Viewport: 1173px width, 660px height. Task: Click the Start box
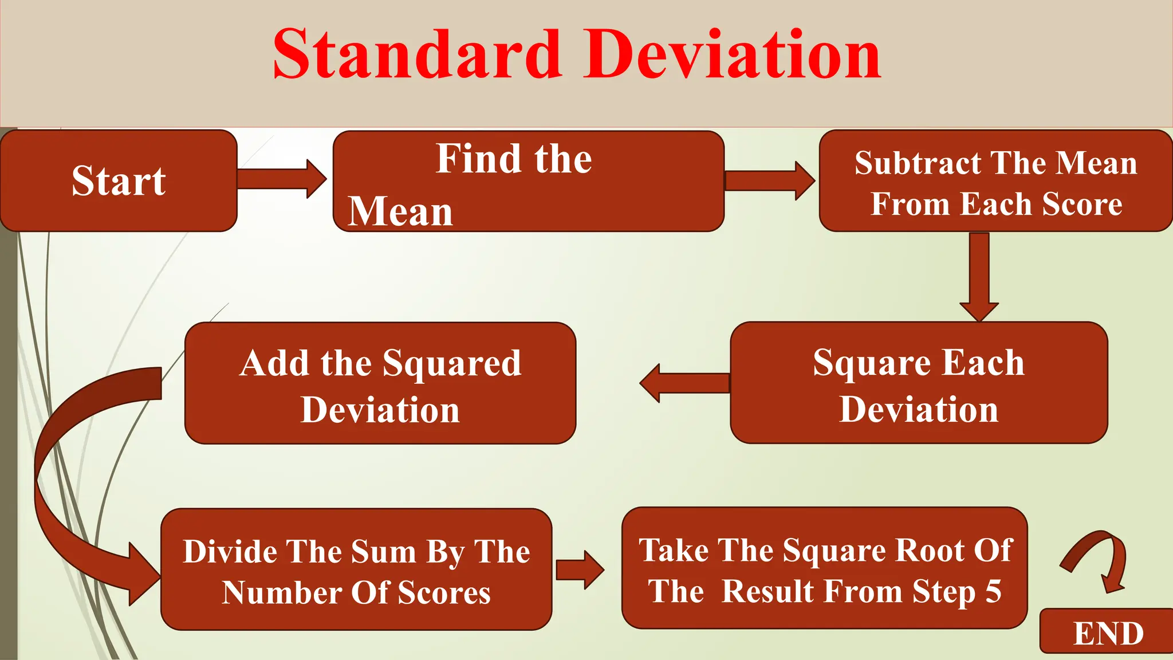[x=119, y=180]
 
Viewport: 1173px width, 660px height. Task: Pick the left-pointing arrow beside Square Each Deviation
[x=684, y=383]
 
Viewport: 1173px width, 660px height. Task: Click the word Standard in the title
[x=417, y=54]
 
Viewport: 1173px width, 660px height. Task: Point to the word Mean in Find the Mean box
[x=400, y=211]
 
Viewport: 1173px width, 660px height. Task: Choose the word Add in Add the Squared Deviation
[x=275, y=363]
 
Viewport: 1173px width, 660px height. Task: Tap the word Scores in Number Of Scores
[x=444, y=592]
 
